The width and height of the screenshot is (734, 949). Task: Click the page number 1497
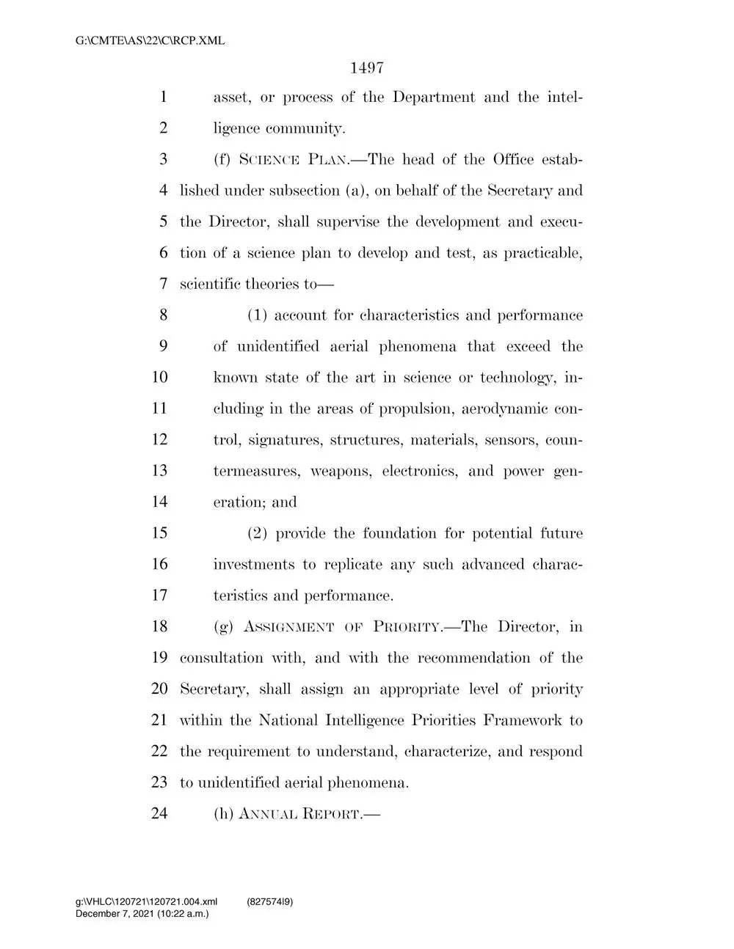(368, 68)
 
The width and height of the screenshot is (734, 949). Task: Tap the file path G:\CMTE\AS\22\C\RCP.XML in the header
(150, 41)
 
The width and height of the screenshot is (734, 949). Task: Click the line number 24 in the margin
(159, 814)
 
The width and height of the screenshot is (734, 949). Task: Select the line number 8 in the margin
(163, 315)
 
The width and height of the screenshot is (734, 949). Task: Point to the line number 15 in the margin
(159, 534)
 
